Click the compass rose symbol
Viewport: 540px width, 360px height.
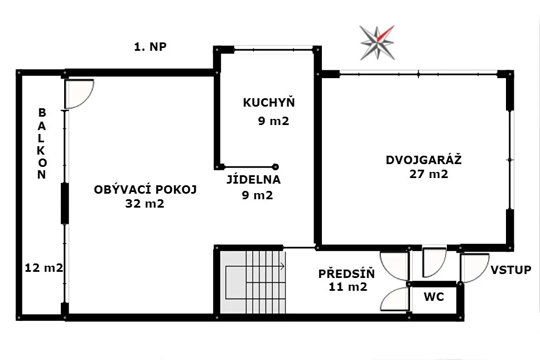click(377, 43)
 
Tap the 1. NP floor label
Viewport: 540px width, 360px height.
click(150, 46)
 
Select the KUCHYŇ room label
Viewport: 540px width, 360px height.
click(269, 102)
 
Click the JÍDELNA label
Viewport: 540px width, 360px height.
click(253, 179)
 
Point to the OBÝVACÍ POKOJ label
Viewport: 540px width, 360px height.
click(146, 189)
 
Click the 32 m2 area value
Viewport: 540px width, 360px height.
click(144, 204)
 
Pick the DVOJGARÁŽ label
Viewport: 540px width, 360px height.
click(423, 160)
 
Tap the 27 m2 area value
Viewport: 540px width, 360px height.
click(429, 174)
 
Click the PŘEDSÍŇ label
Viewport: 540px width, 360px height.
click(346, 273)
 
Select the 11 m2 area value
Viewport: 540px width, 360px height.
click(348, 287)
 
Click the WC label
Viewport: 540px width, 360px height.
click(434, 296)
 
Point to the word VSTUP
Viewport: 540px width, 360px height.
click(511, 270)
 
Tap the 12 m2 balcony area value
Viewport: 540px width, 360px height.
click(44, 268)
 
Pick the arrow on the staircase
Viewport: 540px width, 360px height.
click(255, 266)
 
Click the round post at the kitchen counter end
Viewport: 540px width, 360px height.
click(275, 167)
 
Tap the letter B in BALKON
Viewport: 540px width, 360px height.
click(42, 112)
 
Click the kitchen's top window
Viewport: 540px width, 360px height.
click(274, 50)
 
